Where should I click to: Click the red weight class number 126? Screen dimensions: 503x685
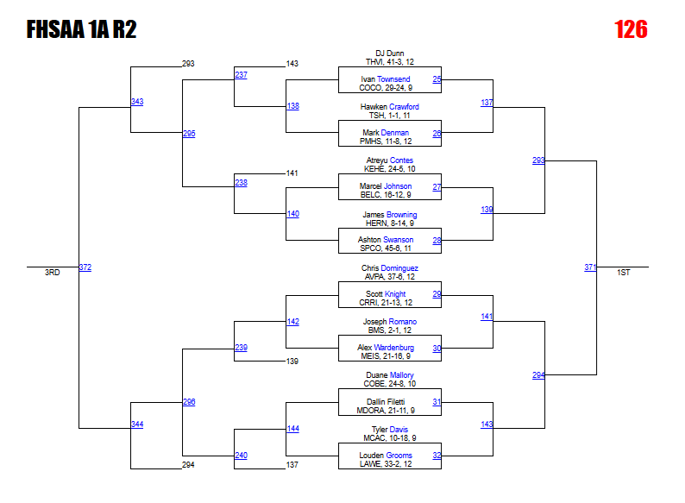(x=631, y=29)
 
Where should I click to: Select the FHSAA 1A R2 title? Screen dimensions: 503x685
(x=81, y=30)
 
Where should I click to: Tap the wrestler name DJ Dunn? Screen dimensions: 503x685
(x=389, y=53)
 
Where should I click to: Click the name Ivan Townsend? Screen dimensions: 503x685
(x=386, y=79)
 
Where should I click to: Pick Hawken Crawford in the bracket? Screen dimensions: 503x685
(x=389, y=107)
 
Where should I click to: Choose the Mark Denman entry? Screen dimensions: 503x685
(x=386, y=133)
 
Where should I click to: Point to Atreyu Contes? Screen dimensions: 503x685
(x=389, y=160)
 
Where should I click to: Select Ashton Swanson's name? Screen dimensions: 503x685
(x=386, y=240)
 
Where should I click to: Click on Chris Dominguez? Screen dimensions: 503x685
(x=389, y=268)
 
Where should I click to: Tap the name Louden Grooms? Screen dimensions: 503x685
(x=386, y=456)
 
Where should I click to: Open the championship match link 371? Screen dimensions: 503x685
(x=590, y=267)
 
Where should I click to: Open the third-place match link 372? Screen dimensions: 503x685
(x=85, y=267)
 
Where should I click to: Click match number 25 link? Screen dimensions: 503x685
(x=437, y=79)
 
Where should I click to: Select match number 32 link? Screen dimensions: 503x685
(x=437, y=456)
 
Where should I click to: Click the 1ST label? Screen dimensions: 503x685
(x=623, y=273)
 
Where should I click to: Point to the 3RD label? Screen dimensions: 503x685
(x=53, y=273)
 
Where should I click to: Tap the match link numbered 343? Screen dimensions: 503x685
(x=137, y=102)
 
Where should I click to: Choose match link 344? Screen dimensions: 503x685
(x=137, y=424)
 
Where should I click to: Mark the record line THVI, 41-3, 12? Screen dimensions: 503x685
(x=389, y=62)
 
